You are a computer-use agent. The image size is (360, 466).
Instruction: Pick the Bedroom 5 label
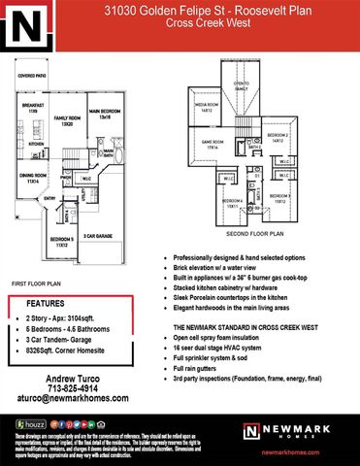(x=61, y=242)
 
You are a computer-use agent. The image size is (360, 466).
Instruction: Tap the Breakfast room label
(x=32, y=108)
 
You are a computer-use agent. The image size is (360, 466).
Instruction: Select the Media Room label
(x=207, y=108)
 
